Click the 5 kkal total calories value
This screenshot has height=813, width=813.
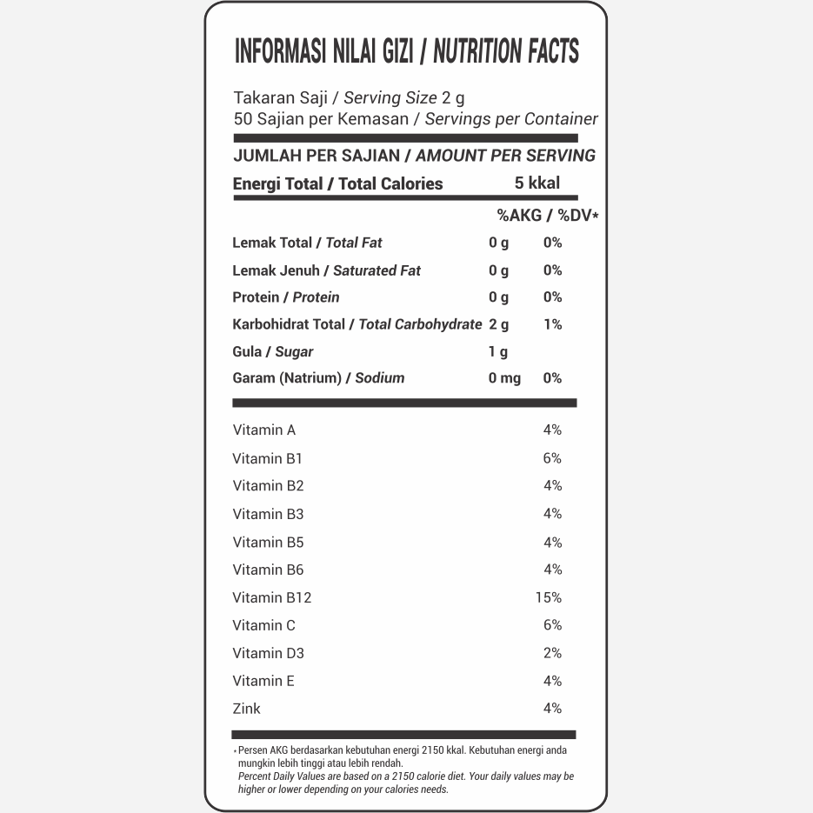[536, 183]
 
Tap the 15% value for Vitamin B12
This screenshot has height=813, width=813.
[549, 597]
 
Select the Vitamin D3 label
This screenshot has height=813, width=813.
[268, 653]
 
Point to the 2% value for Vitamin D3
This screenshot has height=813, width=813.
[552, 653]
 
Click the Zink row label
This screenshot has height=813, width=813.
[246, 709]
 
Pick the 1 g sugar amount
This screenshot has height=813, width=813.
[498, 351]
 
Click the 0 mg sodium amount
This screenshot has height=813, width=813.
[504, 377]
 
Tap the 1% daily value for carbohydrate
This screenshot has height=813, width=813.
[552, 324]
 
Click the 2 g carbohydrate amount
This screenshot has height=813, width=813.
[499, 324]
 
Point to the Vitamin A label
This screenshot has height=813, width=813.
[264, 430]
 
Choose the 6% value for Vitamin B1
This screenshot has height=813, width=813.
[552, 458]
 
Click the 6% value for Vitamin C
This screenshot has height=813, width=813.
[552, 625]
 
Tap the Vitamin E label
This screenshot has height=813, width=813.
[263, 681]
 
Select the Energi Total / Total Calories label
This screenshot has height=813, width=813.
[337, 183]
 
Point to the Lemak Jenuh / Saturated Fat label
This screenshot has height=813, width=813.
[326, 270]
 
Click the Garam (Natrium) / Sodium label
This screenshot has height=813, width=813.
[318, 377]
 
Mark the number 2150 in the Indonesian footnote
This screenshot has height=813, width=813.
[434, 750]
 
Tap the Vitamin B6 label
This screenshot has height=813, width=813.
[268, 570]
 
